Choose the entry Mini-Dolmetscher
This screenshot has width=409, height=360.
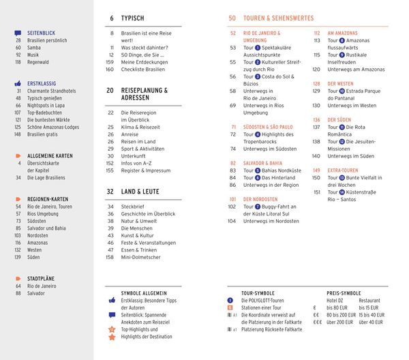141,257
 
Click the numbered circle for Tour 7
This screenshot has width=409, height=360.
258,206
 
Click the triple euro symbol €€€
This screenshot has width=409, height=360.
318,322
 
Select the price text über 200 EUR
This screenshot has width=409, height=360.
343,322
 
